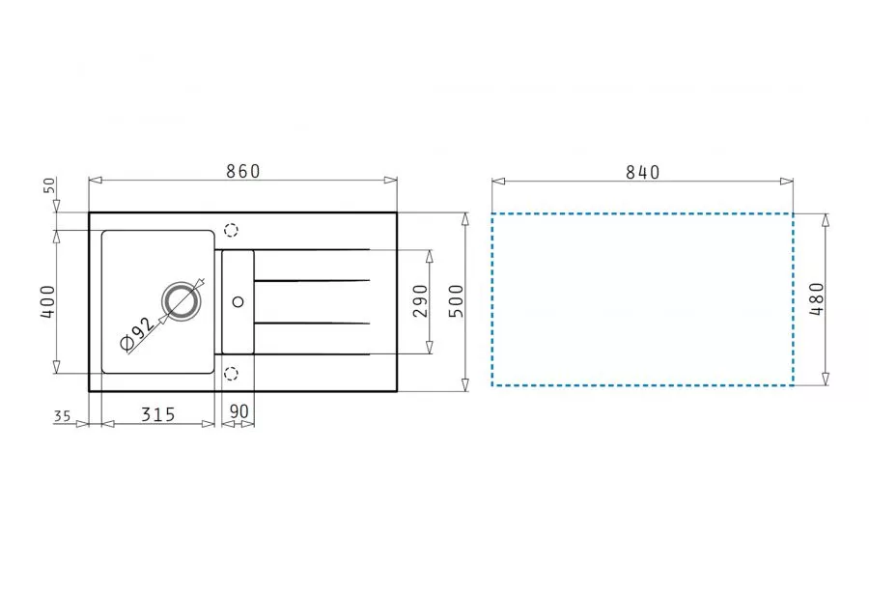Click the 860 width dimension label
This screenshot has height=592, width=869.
click(242, 171)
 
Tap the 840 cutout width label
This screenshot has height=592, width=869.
click(643, 173)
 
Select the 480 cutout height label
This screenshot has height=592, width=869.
click(818, 298)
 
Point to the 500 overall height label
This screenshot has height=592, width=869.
click(456, 300)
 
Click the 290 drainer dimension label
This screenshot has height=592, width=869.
click(421, 300)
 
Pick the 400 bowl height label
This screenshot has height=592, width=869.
click(48, 301)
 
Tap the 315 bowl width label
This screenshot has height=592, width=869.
click(158, 414)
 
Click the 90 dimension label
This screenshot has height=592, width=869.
click(238, 411)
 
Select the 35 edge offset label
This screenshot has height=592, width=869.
click(63, 415)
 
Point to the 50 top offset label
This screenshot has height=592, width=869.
click(49, 185)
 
